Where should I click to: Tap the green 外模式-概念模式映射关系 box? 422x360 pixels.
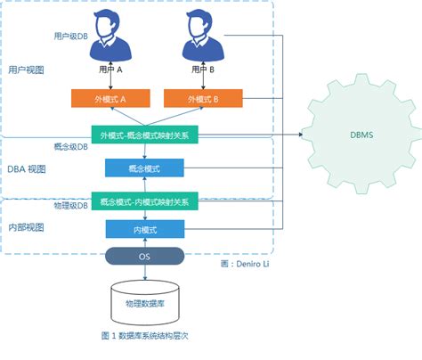coord(144,135)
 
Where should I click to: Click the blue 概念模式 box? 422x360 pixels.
coord(144,168)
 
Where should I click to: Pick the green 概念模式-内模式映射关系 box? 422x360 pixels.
coord(144,201)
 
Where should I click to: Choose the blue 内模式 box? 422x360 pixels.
coord(144,230)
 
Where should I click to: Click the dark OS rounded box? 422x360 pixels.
coord(144,257)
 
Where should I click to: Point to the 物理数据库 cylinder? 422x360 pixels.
coord(143,302)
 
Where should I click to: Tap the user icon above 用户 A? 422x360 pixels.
coord(106,34)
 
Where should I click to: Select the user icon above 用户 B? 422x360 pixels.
coord(203,34)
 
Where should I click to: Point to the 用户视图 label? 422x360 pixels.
coord(26,69)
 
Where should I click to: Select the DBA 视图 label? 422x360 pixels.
coord(26,168)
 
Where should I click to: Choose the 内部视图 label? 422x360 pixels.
coord(26,228)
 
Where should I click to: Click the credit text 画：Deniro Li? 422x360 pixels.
coord(245,265)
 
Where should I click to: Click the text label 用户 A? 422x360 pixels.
coord(106,69)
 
